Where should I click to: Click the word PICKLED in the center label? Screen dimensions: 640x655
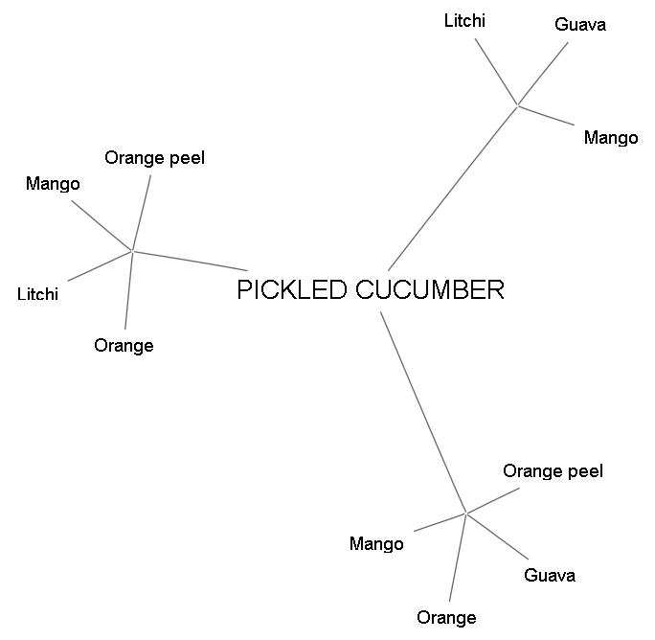click(292, 290)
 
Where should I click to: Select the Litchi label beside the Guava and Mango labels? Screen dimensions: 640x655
click(464, 20)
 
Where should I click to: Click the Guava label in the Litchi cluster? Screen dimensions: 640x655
click(580, 25)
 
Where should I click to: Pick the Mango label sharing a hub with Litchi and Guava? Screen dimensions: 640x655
click(611, 138)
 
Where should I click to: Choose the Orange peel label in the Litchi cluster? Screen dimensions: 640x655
click(155, 158)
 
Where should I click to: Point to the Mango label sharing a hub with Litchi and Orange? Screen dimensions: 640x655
click(53, 184)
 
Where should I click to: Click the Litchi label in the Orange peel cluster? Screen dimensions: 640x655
click(37, 294)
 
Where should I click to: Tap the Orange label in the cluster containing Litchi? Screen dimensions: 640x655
click(124, 346)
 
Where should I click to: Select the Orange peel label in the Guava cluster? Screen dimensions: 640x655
click(553, 471)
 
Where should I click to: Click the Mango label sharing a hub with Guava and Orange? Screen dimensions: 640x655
click(376, 544)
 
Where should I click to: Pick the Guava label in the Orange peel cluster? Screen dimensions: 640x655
click(550, 576)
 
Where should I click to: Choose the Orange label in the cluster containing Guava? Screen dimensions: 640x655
click(446, 618)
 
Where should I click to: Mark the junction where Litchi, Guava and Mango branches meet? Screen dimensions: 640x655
click(518, 104)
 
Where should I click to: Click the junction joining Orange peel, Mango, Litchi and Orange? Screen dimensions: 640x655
click(132, 251)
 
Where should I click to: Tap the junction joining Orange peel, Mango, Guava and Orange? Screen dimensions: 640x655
click(466, 514)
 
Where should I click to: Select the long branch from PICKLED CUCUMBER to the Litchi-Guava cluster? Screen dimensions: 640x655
click(453, 188)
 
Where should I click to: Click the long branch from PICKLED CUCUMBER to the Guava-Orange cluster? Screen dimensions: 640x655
click(423, 412)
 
